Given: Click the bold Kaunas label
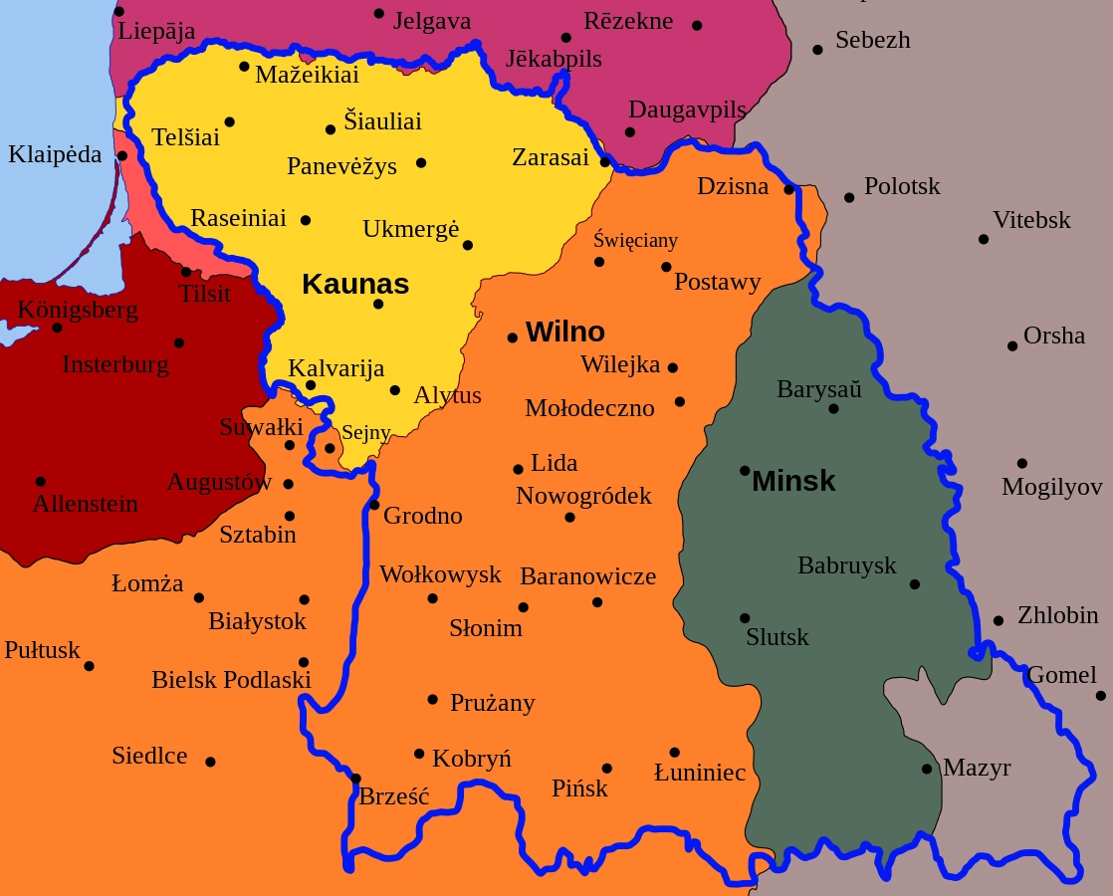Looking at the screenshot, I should tap(355, 284).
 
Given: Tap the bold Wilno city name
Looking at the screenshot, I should tap(564, 332).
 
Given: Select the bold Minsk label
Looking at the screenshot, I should tap(793, 481).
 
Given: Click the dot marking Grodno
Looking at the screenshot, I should tap(374, 505).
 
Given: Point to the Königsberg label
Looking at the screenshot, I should tap(78, 310).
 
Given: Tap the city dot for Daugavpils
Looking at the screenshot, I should tap(629, 131).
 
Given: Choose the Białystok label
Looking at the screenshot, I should tap(257, 621).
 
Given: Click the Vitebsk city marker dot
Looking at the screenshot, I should tap(984, 239).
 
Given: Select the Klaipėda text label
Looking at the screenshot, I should tap(55, 154).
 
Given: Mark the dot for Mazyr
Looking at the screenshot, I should tap(927, 769).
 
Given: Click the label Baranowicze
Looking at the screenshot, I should tap(587, 576).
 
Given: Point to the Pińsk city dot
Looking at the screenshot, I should tap(607, 769).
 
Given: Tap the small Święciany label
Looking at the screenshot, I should tap(635, 240).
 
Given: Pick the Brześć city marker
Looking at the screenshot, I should tap(355, 779).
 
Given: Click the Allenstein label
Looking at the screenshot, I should tap(85, 504).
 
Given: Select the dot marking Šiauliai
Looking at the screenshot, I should tap(331, 129).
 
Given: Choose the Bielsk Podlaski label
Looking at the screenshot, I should tap(231, 680).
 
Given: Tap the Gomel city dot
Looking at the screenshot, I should tap(1101, 695).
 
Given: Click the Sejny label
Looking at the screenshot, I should tap(365, 433).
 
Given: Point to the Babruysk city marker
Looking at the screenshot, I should tap(915, 584).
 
